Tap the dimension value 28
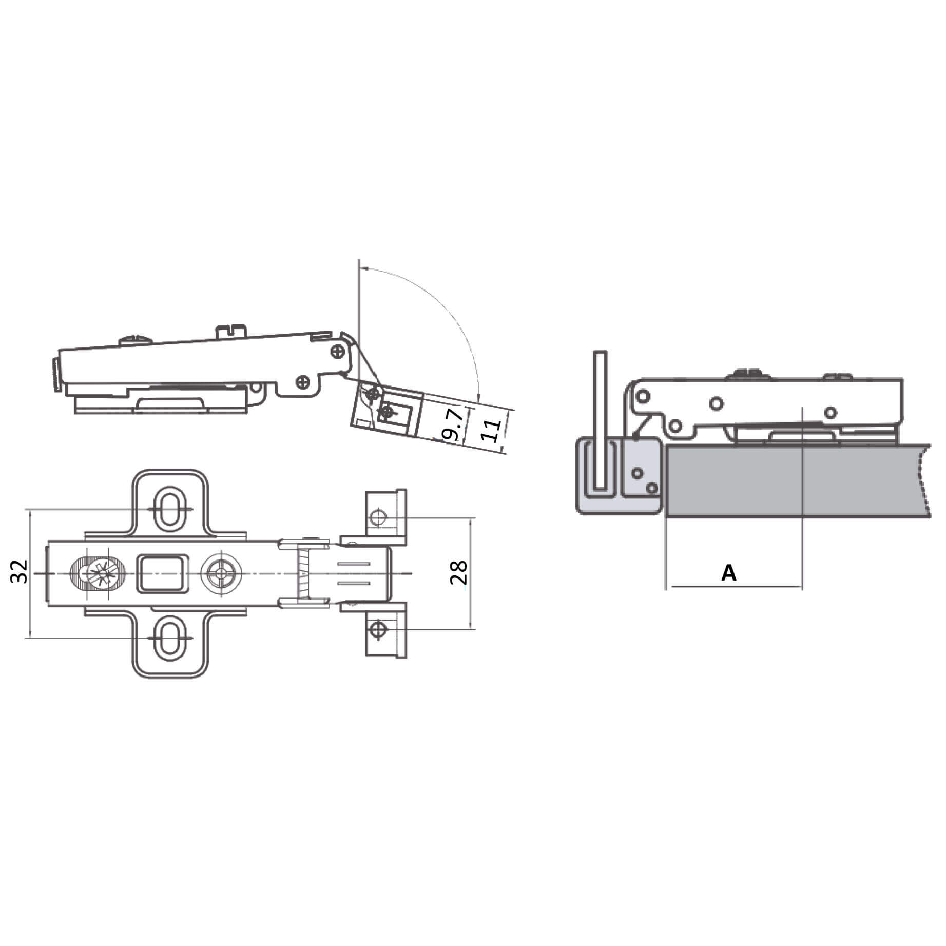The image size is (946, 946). click(458, 572)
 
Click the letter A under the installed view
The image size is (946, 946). click(729, 572)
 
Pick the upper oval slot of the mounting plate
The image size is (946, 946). click(169, 508)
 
